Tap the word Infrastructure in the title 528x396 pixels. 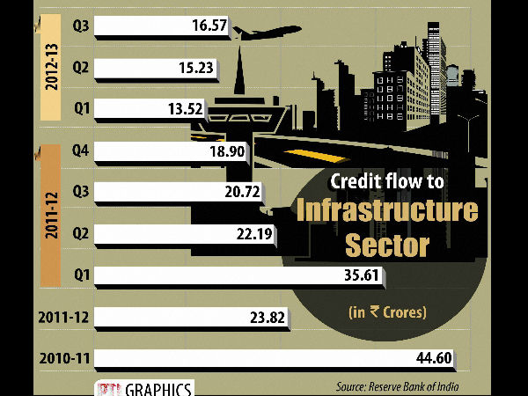tap(385, 211)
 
